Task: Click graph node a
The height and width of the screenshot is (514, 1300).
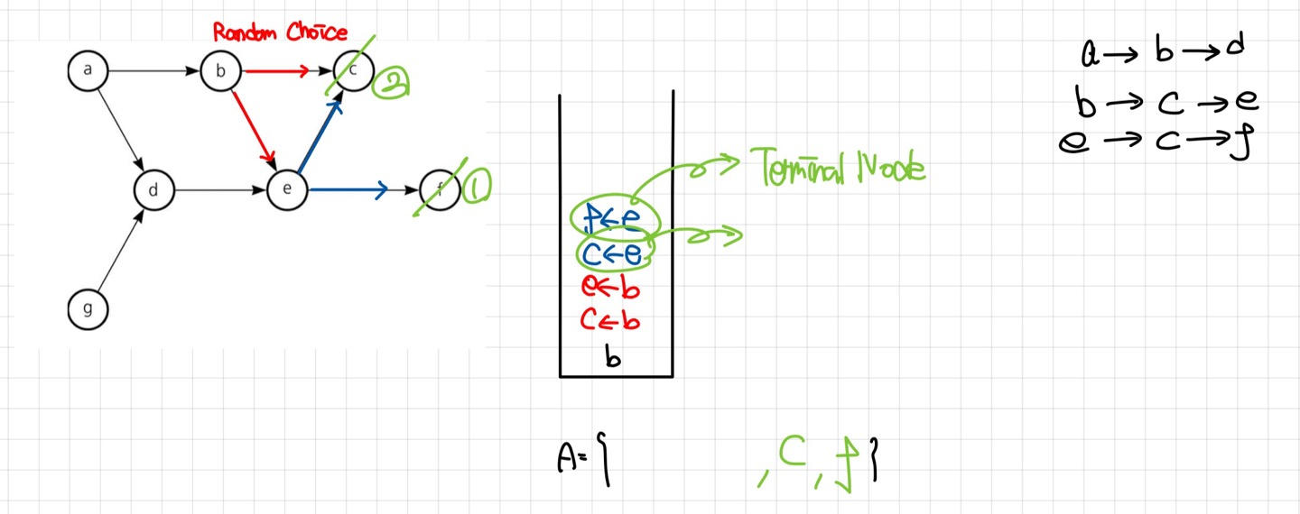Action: tap(87, 71)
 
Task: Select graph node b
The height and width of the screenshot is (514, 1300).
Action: tap(219, 71)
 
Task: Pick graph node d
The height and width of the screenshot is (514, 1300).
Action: tap(153, 190)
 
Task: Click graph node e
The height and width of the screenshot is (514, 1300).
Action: tap(286, 190)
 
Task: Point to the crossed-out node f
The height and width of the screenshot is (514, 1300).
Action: tap(440, 190)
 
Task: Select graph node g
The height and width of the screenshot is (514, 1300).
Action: tap(87, 309)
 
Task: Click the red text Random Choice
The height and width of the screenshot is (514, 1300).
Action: tap(279, 33)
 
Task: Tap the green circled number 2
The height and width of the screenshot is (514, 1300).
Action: tap(393, 83)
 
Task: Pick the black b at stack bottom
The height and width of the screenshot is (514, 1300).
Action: tap(614, 357)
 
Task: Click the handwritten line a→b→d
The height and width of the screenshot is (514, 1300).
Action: tap(1163, 52)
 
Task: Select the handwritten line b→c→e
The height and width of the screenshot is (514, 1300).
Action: tap(1166, 104)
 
